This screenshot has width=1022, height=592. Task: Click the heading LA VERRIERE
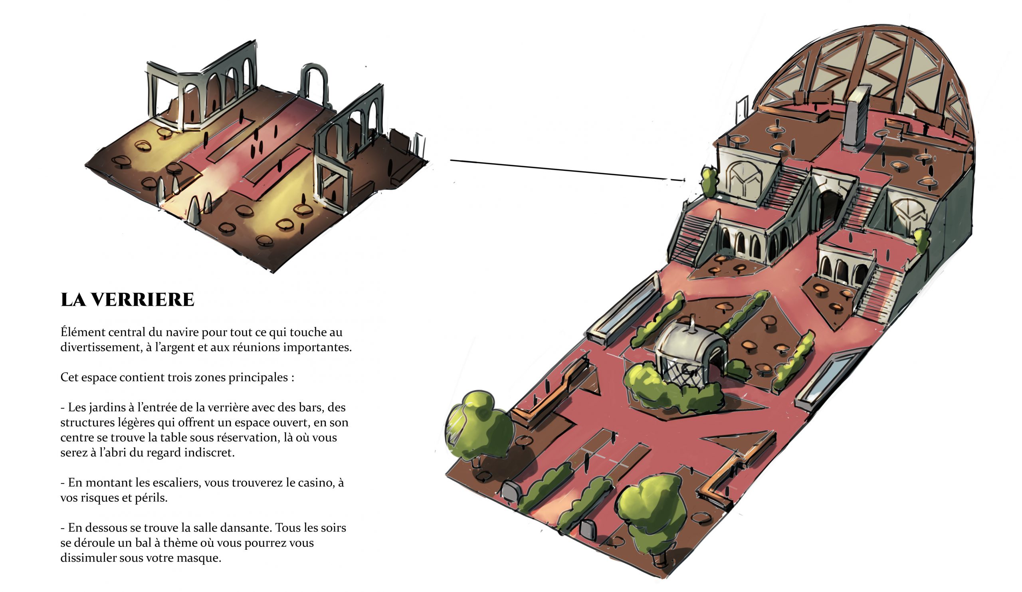point(127,300)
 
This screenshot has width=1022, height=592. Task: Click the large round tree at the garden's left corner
point(479,426)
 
